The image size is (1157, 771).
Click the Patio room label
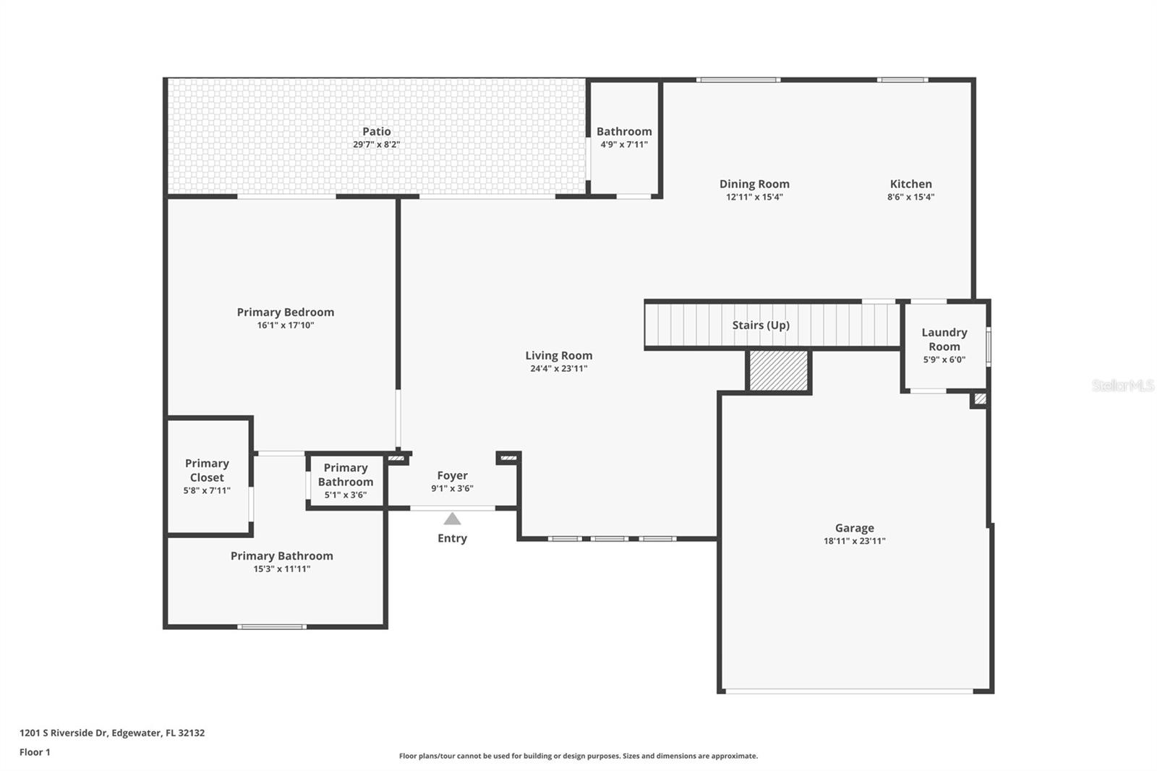(x=376, y=131)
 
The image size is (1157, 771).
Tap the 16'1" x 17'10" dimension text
(x=286, y=325)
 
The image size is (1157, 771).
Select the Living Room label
(x=559, y=356)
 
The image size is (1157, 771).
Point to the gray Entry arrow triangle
(x=452, y=519)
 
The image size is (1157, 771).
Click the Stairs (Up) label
(x=761, y=325)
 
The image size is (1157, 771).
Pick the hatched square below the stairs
(x=778, y=370)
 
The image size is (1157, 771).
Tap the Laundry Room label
(x=944, y=339)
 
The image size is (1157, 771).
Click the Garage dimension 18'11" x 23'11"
(x=854, y=541)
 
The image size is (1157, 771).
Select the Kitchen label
(x=910, y=184)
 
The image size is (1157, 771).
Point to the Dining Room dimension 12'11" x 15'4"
(x=754, y=197)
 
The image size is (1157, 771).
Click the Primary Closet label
(x=207, y=470)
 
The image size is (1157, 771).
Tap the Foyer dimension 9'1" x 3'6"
(x=452, y=488)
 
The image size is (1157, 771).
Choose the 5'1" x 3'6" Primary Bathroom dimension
(x=346, y=495)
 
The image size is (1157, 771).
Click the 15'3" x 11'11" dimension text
(x=281, y=569)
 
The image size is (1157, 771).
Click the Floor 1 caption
(x=35, y=752)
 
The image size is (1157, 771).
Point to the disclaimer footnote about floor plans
(x=578, y=756)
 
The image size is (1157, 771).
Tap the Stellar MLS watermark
(x=1123, y=385)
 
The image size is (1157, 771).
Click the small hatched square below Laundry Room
(x=980, y=399)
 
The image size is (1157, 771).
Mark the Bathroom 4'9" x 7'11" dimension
(x=624, y=145)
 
